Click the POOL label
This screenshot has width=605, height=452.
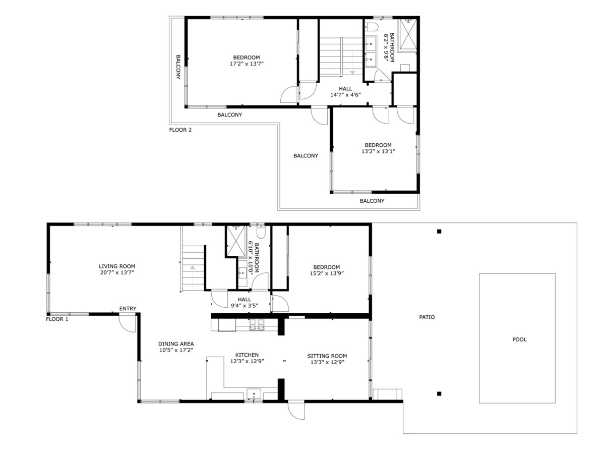(519, 340)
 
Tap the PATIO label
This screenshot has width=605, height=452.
(427, 317)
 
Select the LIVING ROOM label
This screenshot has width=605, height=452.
(117, 266)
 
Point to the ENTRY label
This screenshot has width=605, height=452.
(128, 309)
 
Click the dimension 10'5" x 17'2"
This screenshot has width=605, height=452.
(176, 350)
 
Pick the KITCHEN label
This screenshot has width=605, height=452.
(247, 355)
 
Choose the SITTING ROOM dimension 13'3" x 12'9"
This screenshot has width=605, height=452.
(327, 362)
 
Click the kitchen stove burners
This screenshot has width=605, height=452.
(257, 324)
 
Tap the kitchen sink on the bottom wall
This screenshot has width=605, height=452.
(254, 393)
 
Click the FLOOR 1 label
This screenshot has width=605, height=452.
(57, 319)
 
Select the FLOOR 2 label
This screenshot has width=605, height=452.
(180, 130)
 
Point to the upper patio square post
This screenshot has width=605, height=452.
(439, 232)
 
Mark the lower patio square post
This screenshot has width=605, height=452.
(439, 393)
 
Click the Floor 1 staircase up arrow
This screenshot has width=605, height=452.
(193, 267)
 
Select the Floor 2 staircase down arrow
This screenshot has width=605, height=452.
(352, 73)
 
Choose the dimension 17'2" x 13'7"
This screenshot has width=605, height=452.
(247, 64)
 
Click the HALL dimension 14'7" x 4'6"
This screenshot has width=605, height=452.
(346, 95)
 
